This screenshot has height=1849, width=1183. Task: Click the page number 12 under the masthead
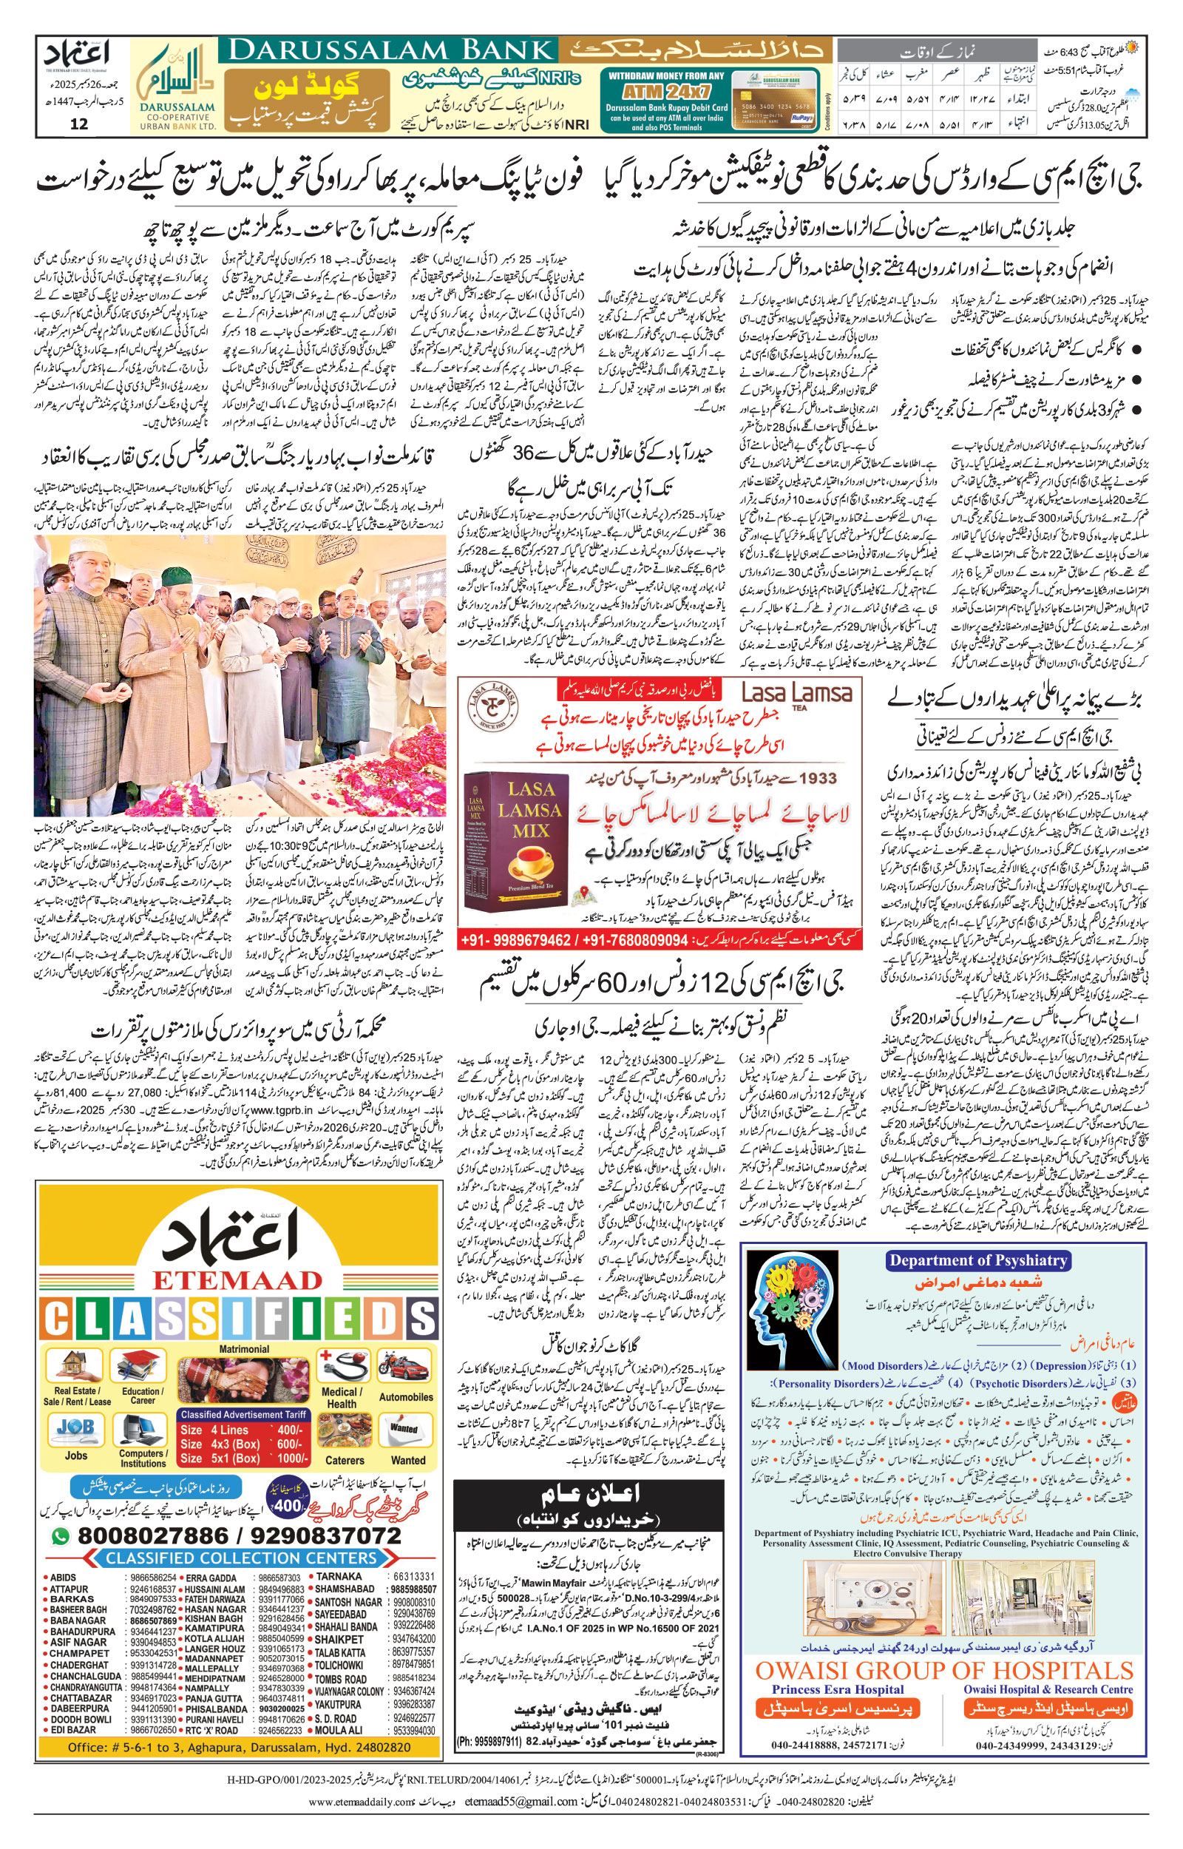click(x=79, y=124)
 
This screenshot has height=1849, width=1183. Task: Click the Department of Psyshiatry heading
click(x=977, y=1260)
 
